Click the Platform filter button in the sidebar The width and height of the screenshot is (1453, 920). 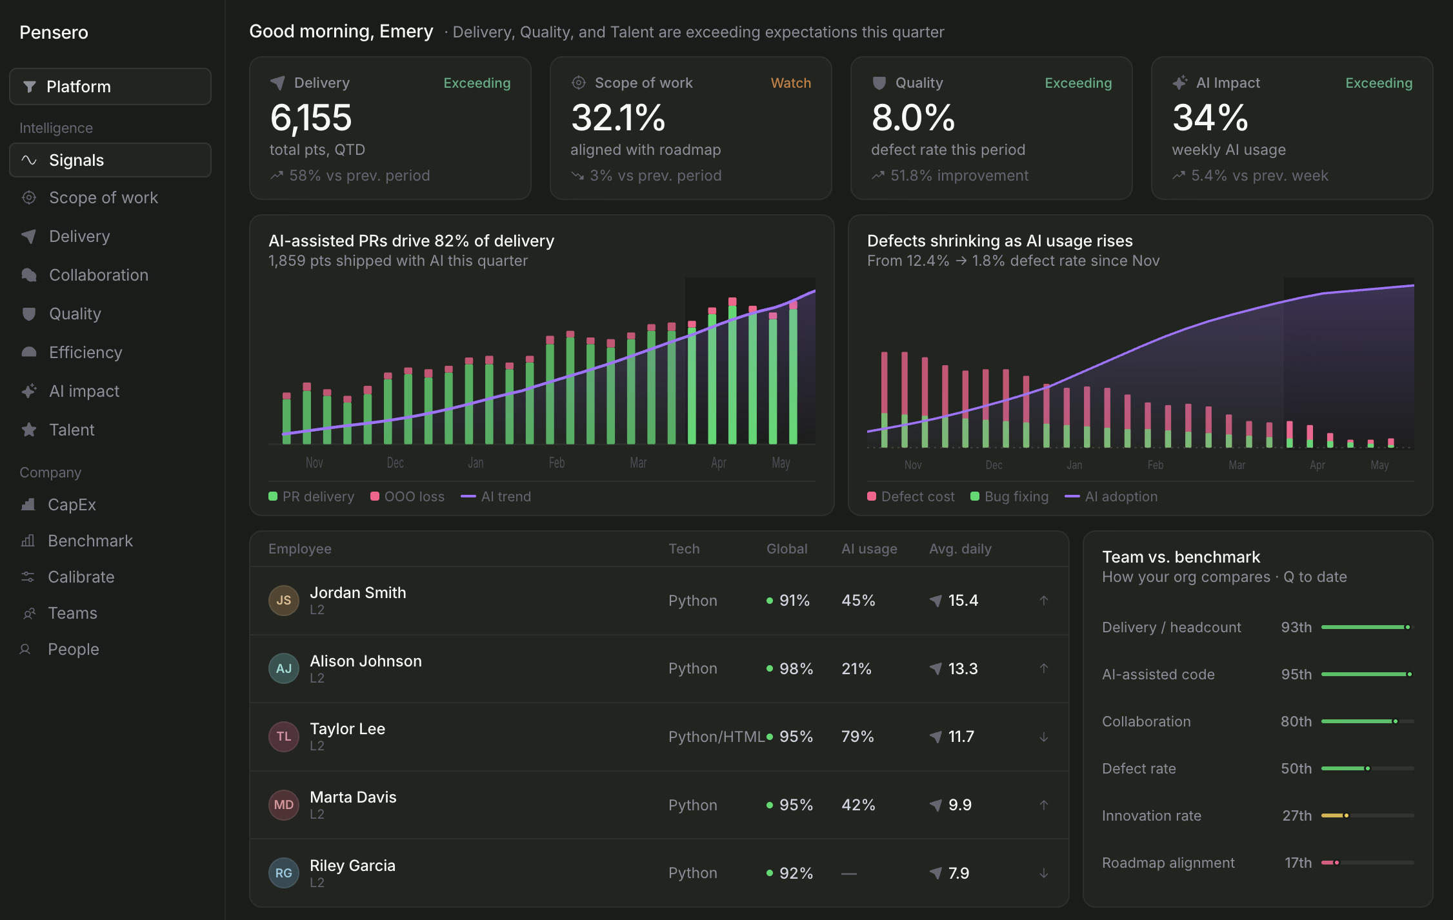(x=110, y=86)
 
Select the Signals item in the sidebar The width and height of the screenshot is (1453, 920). (x=110, y=160)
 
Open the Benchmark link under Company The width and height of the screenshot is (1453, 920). (x=90, y=541)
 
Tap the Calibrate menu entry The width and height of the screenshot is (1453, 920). (x=81, y=577)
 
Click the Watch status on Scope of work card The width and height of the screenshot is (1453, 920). (x=791, y=83)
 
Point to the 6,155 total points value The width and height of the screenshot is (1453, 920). (x=311, y=118)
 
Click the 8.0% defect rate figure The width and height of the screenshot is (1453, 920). (x=913, y=118)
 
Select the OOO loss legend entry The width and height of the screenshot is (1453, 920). (x=407, y=497)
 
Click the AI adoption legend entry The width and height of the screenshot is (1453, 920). (x=1111, y=497)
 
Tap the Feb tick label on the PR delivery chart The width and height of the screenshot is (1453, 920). (x=557, y=463)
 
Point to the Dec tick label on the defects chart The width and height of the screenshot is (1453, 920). (x=994, y=465)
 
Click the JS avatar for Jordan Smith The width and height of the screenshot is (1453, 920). (x=284, y=601)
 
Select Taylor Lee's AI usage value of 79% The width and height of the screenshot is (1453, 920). (x=857, y=737)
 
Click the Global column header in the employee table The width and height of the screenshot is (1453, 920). (x=787, y=549)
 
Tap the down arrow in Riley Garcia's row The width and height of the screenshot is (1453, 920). (x=1044, y=874)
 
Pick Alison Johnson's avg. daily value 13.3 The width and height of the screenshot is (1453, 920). (x=963, y=669)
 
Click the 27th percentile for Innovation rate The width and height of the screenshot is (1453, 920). (x=1297, y=816)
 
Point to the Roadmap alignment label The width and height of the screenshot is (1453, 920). (x=1168, y=863)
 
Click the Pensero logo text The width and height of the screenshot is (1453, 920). (x=54, y=32)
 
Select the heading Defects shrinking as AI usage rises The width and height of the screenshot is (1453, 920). (x=999, y=241)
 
